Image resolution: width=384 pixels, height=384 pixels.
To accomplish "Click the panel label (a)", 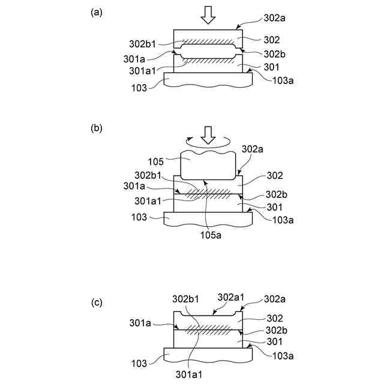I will pos(95,12).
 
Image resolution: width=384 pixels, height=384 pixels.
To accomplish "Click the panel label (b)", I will pos(95,128).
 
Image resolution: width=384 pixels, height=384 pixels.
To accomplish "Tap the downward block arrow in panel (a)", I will pos(208,15).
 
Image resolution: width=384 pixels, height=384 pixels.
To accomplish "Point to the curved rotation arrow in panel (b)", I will pos(208,145).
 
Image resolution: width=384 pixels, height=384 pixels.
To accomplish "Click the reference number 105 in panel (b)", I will pos(155,161).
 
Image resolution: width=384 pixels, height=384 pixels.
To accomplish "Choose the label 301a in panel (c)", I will pos(141,323).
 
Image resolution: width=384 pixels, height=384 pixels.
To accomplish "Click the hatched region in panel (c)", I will pos(209,329).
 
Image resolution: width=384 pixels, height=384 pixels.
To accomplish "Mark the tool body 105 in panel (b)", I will pos(207,165).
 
